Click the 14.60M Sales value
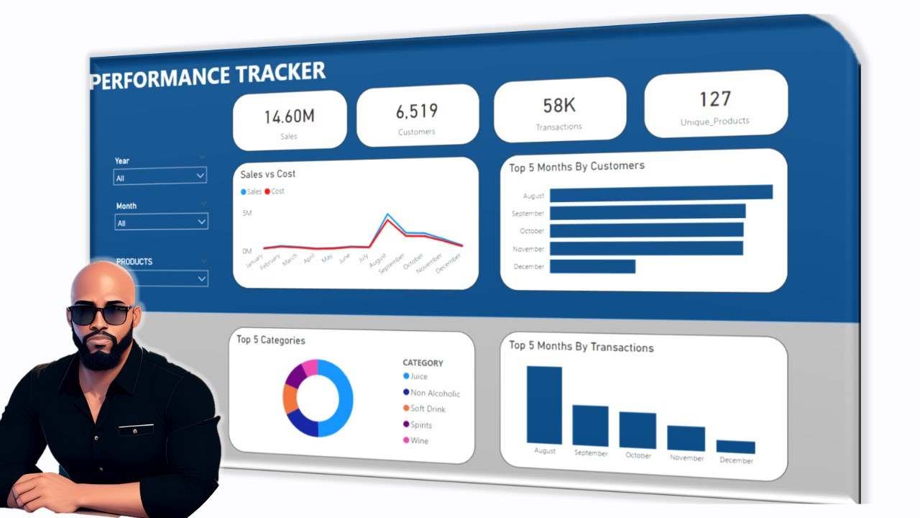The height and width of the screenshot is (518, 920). click(x=289, y=117)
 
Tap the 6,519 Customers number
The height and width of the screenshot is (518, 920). click(x=416, y=112)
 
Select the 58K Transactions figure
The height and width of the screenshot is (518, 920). click(x=558, y=106)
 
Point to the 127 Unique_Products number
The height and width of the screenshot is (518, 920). click(x=714, y=99)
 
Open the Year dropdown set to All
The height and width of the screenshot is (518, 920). click(x=160, y=176)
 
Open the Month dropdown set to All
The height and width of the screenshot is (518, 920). click(x=161, y=222)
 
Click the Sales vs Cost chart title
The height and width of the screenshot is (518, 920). click(x=267, y=174)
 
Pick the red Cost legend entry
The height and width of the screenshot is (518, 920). click(x=275, y=191)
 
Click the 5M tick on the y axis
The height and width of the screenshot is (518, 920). click(x=247, y=214)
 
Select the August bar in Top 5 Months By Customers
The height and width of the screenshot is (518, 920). click(x=661, y=192)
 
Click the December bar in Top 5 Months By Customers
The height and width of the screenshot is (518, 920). click(x=592, y=266)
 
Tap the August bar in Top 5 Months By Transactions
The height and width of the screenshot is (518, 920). click(x=544, y=405)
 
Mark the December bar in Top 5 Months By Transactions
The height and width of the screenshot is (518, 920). click(x=735, y=447)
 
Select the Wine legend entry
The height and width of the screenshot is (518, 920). click(x=419, y=440)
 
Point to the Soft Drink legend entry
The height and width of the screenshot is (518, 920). click(x=427, y=409)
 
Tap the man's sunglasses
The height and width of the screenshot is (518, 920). click(x=100, y=314)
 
